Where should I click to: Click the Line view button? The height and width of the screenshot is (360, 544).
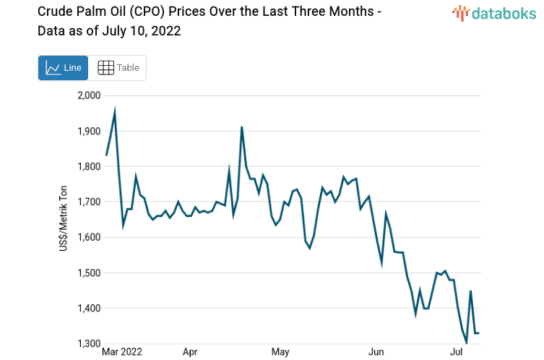[x=63, y=68]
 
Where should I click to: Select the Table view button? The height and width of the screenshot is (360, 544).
[x=118, y=68]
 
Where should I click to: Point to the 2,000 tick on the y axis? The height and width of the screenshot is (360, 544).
[x=89, y=95]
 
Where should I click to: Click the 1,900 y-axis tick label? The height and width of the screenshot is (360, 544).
[x=89, y=131]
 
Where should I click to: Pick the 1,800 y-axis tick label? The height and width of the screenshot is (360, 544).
[x=89, y=166]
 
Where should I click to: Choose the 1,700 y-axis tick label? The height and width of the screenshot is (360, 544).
[x=89, y=202]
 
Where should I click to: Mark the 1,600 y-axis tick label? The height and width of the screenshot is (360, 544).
[x=89, y=237]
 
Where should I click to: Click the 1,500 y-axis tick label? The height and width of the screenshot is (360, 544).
[x=89, y=273]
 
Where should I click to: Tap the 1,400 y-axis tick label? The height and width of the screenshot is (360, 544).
[x=89, y=308]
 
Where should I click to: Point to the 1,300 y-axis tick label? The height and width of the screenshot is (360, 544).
[x=89, y=343]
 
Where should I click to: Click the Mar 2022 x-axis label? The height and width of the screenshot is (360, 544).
[x=122, y=352]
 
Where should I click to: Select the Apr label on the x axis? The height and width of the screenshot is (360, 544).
[x=190, y=352]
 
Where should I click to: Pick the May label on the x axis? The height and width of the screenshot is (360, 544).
[x=280, y=352]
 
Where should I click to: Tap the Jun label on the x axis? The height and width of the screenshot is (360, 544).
[x=376, y=352]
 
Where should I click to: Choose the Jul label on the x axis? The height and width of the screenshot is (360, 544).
[x=457, y=352]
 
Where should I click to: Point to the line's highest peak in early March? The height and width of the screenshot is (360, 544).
[x=115, y=111]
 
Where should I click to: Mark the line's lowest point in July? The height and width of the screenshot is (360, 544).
[x=466, y=342]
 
